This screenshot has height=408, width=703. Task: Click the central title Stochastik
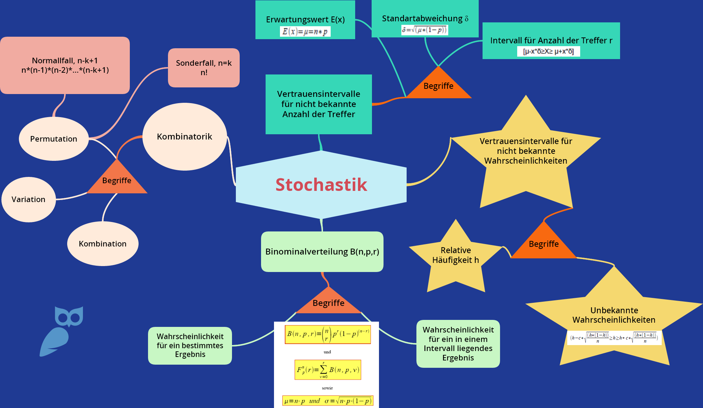tap(321, 185)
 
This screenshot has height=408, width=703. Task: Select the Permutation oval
tap(54, 139)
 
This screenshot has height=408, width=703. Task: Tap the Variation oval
tap(29, 199)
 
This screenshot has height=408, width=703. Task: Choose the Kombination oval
tap(103, 244)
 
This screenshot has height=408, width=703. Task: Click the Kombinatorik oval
tap(184, 136)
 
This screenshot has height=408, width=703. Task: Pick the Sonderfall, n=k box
tap(204, 67)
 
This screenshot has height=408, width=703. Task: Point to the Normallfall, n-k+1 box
tap(65, 65)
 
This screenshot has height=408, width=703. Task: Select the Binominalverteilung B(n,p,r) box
tap(322, 251)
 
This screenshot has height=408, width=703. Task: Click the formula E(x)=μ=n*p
tap(305, 32)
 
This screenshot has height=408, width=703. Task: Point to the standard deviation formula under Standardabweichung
tap(424, 30)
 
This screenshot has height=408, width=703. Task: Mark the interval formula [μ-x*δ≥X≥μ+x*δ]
tap(548, 51)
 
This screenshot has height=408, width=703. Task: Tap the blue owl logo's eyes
tap(69, 317)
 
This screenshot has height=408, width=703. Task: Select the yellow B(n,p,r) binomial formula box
tap(328, 334)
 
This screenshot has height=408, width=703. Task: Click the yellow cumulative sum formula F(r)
tap(328, 370)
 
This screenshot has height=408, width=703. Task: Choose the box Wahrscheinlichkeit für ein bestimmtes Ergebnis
tap(190, 345)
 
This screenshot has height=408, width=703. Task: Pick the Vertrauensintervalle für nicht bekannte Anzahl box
tap(318, 104)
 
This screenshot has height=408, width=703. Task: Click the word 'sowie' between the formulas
tap(327, 388)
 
